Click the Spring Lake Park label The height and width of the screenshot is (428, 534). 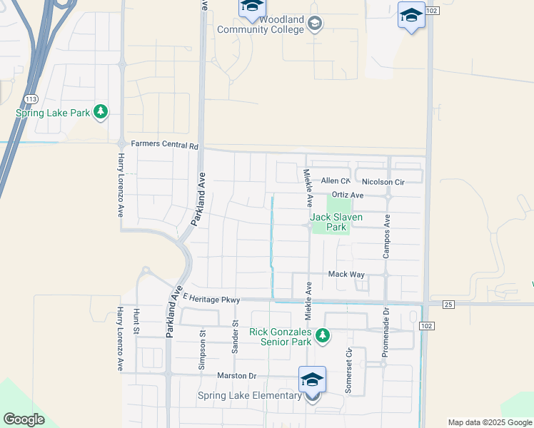(53, 113)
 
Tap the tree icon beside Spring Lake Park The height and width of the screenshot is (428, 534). (101, 111)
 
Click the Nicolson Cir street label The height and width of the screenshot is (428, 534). (383, 182)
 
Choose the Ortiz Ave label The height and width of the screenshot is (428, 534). (348, 195)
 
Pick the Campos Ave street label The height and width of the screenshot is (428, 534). (388, 236)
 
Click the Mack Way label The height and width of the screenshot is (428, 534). (346, 274)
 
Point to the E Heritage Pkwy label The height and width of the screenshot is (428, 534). (211, 298)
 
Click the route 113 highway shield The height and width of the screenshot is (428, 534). (30, 99)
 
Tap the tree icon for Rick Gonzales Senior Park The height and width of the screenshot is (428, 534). (323, 335)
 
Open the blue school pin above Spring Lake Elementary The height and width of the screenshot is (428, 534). (312, 379)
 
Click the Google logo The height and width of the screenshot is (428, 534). (24, 419)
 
